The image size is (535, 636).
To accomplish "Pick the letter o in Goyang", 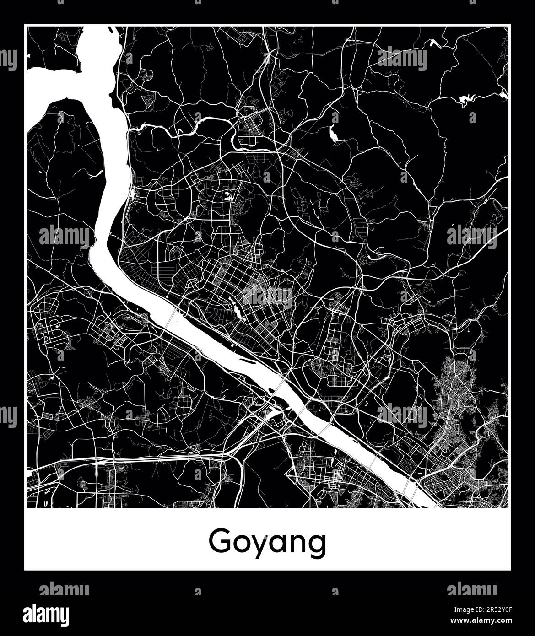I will pyautogui.click(x=240, y=543).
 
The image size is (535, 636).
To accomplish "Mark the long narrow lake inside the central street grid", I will pyautogui.click(x=238, y=312).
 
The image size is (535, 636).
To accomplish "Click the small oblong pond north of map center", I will pyautogui.click(x=333, y=133).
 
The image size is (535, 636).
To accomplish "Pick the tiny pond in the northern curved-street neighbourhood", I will pyautogui.click(x=226, y=198).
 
